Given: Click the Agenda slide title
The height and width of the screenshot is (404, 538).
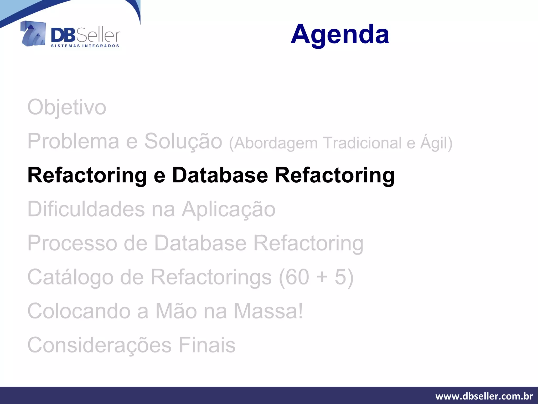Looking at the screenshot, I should [x=340, y=34].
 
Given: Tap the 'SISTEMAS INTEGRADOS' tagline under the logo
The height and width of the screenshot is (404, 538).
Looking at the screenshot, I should [x=85, y=46].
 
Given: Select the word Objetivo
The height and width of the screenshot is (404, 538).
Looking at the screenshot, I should [x=67, y=108].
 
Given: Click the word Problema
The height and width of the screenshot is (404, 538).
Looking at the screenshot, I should [x=73, y=141].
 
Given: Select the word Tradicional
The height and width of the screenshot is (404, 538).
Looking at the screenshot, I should [x=362, y=143].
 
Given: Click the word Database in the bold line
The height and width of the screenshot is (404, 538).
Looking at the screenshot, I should [x=220, y=175].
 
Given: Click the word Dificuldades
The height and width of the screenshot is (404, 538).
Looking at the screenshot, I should [x=86, y=209].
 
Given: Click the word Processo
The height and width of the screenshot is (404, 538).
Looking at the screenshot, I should [x=72, y=243].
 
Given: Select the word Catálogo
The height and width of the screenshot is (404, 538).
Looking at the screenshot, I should [x=70, y=277].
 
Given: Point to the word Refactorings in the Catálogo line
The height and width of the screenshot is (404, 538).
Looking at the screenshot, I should [x=211, y=277].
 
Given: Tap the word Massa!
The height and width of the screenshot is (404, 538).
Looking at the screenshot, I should [x=268, y=311].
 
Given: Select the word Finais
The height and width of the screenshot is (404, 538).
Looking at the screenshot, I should [x=207, y=345].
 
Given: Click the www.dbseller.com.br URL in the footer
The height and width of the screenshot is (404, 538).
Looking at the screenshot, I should [x=484, y=396].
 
